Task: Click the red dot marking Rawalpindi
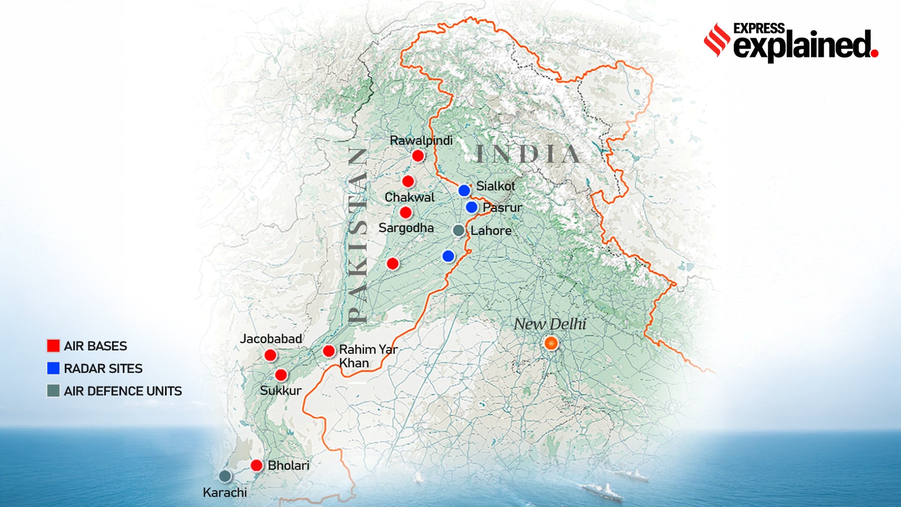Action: pos(418,155)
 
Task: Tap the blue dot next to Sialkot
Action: pos(464,190)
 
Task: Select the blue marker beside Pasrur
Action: pos(472,207)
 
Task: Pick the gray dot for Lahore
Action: pos(459,230)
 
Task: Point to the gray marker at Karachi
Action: pos(225,476)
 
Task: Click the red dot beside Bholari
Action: pos(257,465)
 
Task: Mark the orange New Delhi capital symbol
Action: pos(551,343)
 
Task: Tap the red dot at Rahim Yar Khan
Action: pos(329,351)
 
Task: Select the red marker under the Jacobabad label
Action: pos(270,355)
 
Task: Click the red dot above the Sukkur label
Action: pos(281,375)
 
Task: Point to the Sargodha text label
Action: pos(406,228)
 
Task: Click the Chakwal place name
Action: pos(409,198)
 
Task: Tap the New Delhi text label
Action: pos(550,324)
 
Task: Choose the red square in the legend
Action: pos(53,346)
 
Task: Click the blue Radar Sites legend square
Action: pos(53,368)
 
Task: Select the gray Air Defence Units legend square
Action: pos(53,391)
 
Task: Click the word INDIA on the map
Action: pos(528,154)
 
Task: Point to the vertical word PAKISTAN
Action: pos(358,235)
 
